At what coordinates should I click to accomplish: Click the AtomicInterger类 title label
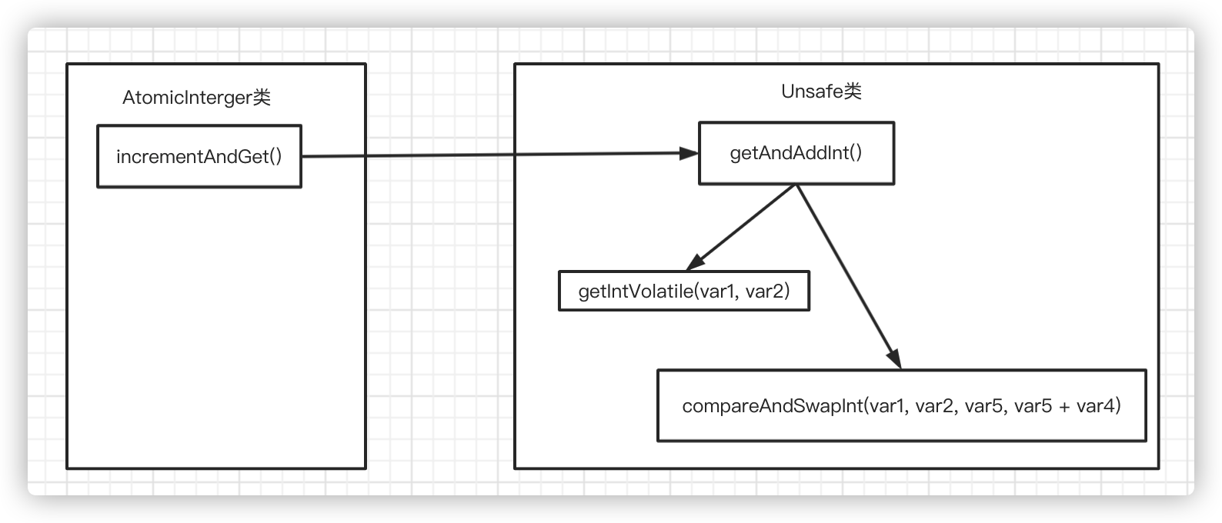tap(196, 98)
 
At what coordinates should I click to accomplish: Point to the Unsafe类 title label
tap(821, 91)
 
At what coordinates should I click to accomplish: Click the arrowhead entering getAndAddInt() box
tap(689, 153)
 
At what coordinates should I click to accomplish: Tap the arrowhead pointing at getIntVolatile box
tap(696, 262)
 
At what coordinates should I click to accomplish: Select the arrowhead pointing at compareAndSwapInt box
tap(894, 359)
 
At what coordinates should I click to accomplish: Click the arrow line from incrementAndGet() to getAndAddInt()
tap(499, 155)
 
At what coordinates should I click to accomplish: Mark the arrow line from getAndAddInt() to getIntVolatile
tap(741, 228)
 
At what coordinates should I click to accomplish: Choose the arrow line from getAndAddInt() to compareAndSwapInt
tap(849, 277)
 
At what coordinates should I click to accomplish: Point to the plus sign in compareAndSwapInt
tap(1063, 407)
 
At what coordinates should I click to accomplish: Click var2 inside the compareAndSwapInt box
tap(934, 406)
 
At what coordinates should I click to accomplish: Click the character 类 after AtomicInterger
tap(262, 98)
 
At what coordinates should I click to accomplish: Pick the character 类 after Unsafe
tap(852, 91)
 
